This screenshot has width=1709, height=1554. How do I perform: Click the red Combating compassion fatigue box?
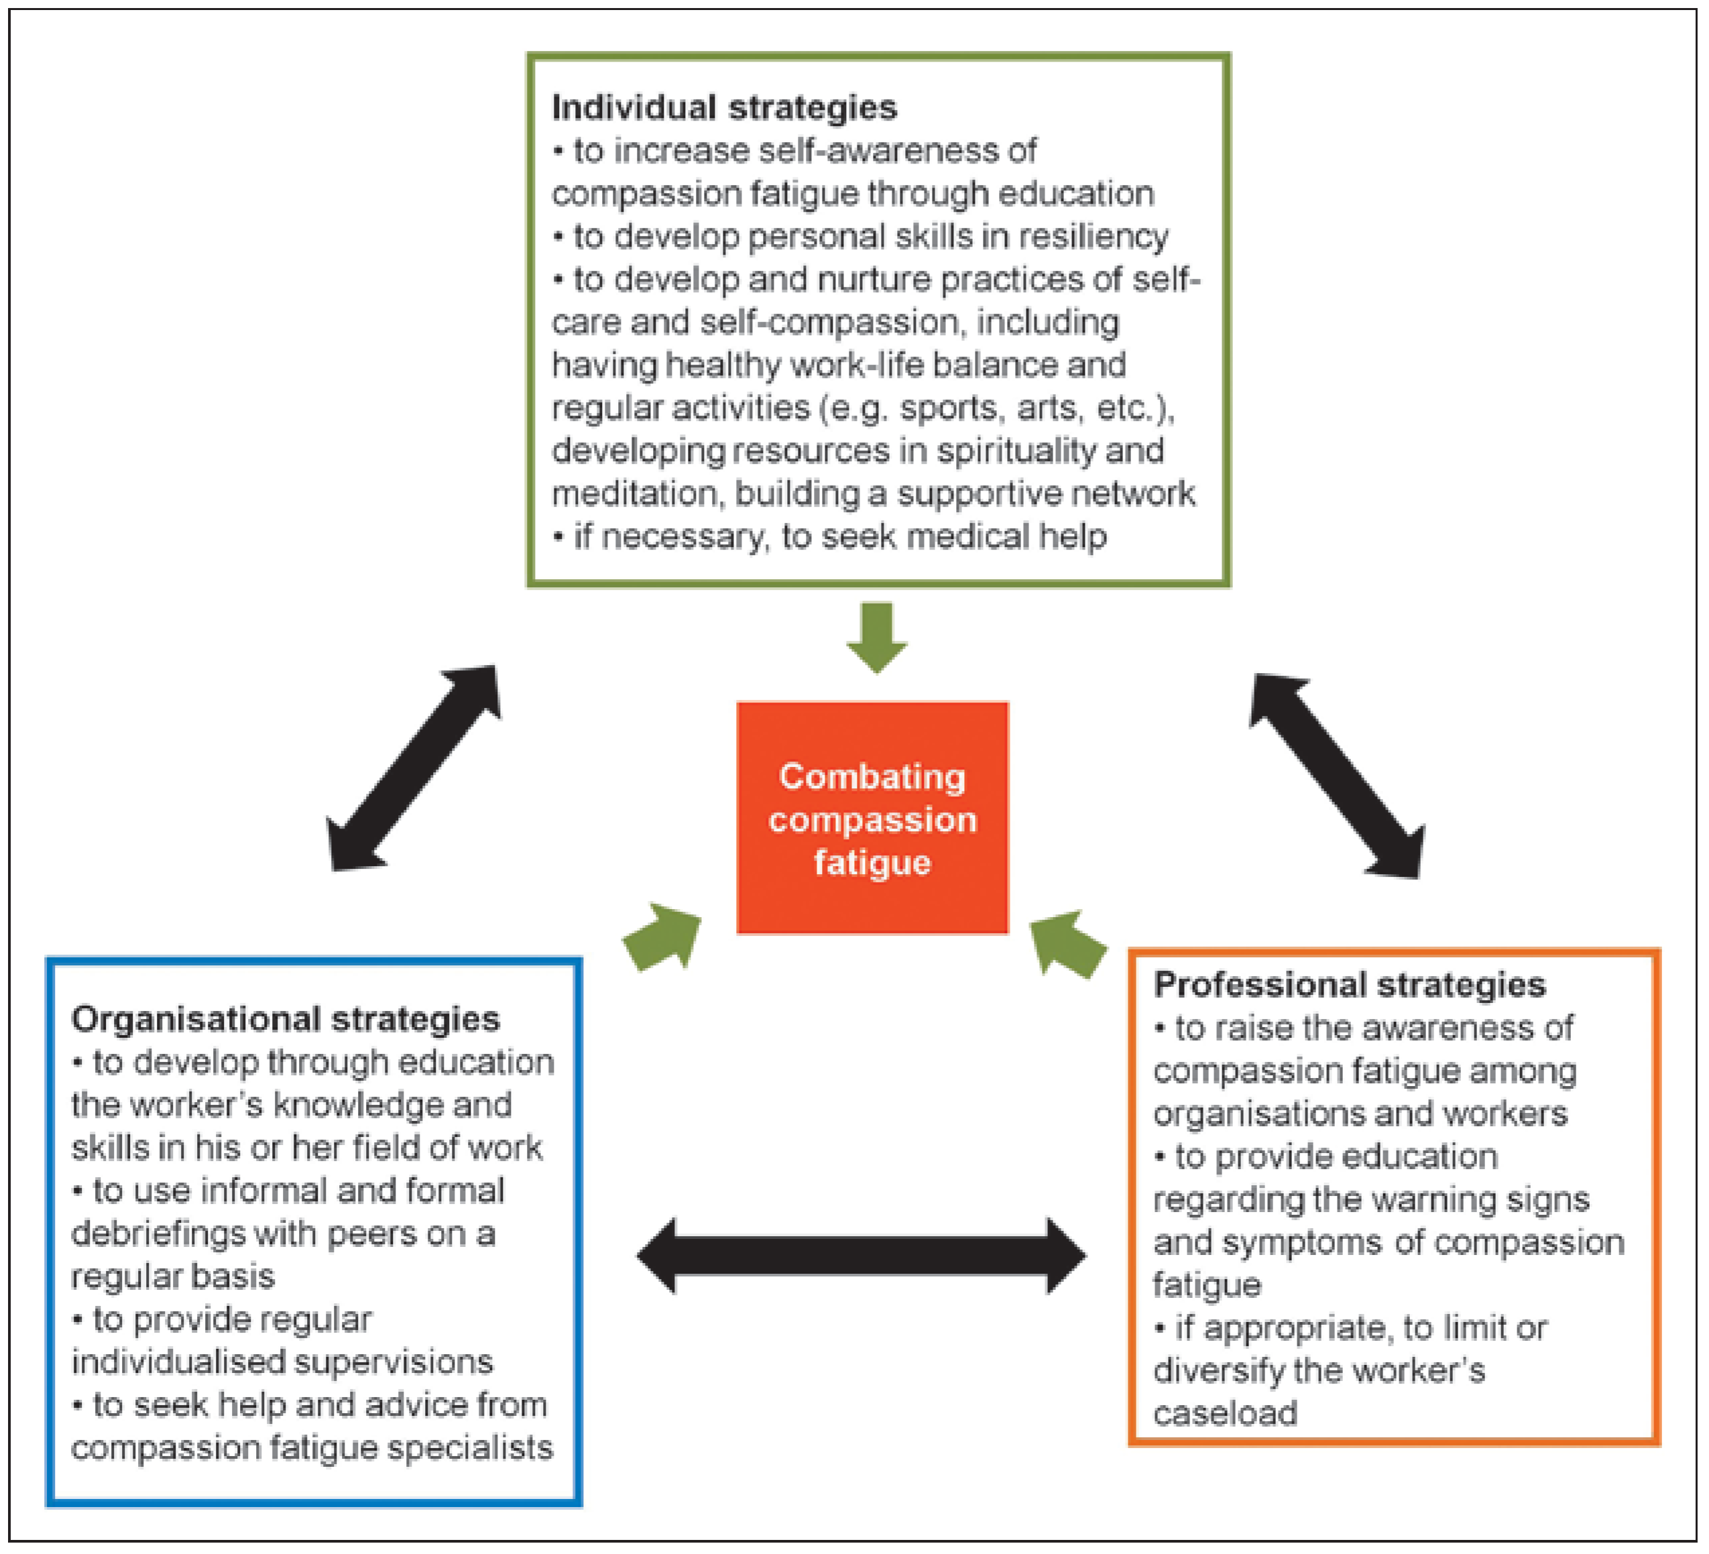pos(872,817)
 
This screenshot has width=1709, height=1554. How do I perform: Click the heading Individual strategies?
pos(724,108)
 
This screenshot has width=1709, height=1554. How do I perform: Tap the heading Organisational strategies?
pos(286,1019)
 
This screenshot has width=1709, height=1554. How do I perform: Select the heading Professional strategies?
pos(1350,984)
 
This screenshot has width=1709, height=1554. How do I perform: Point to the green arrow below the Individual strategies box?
pos(876,638)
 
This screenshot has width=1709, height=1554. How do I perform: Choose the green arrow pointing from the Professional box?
pos(1068,943)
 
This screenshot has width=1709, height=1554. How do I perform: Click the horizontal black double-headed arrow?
pos(862,1256)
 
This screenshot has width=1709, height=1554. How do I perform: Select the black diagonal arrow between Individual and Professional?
pos(1337,775)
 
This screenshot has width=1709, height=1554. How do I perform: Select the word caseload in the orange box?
pos(1225,1413)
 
